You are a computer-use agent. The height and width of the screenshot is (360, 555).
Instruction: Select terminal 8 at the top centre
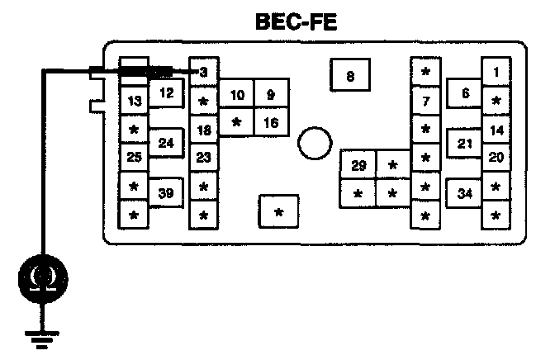coord(350,77)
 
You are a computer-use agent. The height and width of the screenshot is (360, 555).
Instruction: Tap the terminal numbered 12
coord(166,93)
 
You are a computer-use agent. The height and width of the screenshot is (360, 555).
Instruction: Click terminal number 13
coord(134,102)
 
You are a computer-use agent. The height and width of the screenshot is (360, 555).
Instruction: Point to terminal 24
coord(166,144)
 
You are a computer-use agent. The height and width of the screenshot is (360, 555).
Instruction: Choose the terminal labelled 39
coord(166,194)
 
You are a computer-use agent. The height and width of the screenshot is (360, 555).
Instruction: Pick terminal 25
coord(134,156)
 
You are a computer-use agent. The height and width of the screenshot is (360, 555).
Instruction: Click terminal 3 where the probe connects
coord(203,73)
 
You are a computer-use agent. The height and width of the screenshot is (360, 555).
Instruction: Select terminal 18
coord(203,130)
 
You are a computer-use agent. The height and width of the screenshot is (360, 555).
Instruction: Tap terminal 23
coord(203,157)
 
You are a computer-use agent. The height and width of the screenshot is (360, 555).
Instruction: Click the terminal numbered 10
coord(237,96)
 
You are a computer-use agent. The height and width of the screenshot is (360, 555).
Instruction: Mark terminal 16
coord(270,122)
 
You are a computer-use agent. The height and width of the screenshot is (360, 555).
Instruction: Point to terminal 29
coord(358,166)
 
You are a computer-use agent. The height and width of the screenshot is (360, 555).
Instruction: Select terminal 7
coord(425,102)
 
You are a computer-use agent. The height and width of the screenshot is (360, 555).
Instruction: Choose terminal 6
coord(466,93)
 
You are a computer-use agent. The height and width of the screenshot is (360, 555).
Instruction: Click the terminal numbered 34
coord(466,194)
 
